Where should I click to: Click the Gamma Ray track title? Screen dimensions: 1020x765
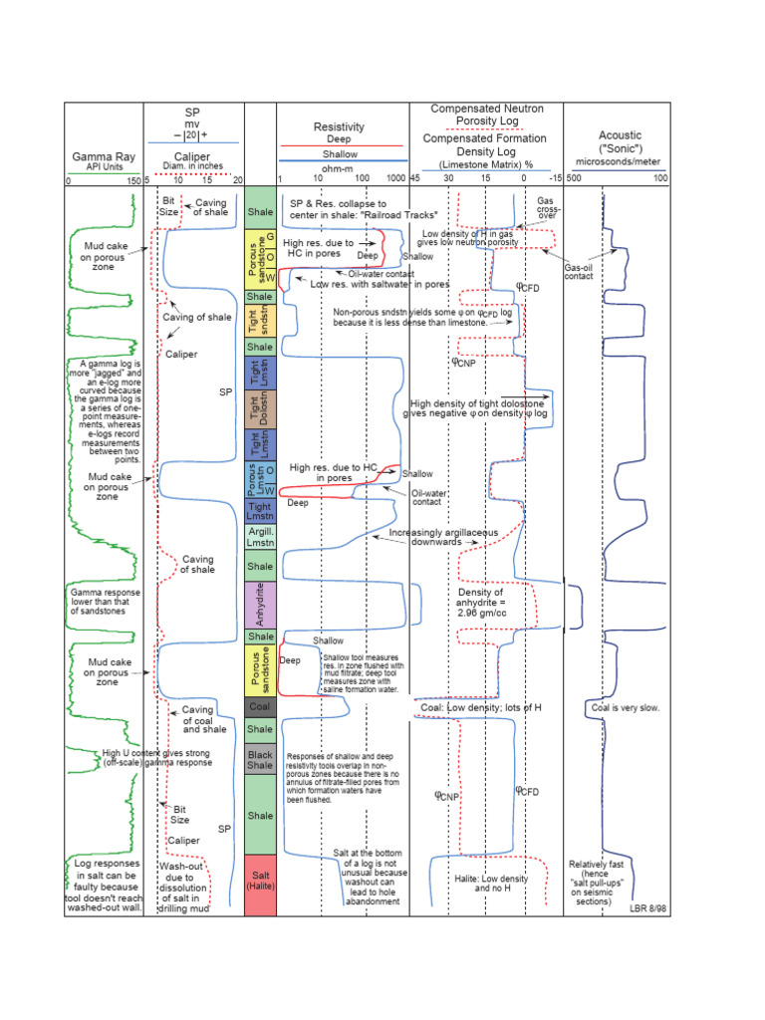[105, 156]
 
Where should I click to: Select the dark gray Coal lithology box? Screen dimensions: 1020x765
[260, 707]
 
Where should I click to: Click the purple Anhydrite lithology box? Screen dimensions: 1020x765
[260, 602]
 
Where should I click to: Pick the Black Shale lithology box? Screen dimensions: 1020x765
[260, 761]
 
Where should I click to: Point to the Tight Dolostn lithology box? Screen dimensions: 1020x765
[260, 410]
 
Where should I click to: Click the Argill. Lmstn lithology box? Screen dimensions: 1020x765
[260, 539]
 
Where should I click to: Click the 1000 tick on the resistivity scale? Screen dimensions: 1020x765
[397, 178]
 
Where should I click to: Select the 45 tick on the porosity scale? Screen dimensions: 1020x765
[415, 178]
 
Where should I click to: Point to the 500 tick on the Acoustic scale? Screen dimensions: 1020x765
[574, 178]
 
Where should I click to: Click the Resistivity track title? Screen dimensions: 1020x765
[339, 127]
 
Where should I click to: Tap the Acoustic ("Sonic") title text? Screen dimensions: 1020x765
[620, 141]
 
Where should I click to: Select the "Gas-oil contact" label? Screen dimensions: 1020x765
[580, 272]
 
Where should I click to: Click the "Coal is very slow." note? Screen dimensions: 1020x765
[626, 708]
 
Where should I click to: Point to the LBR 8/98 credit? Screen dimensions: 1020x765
[645, 908]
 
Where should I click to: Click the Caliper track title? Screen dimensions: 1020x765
[192, 156]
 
